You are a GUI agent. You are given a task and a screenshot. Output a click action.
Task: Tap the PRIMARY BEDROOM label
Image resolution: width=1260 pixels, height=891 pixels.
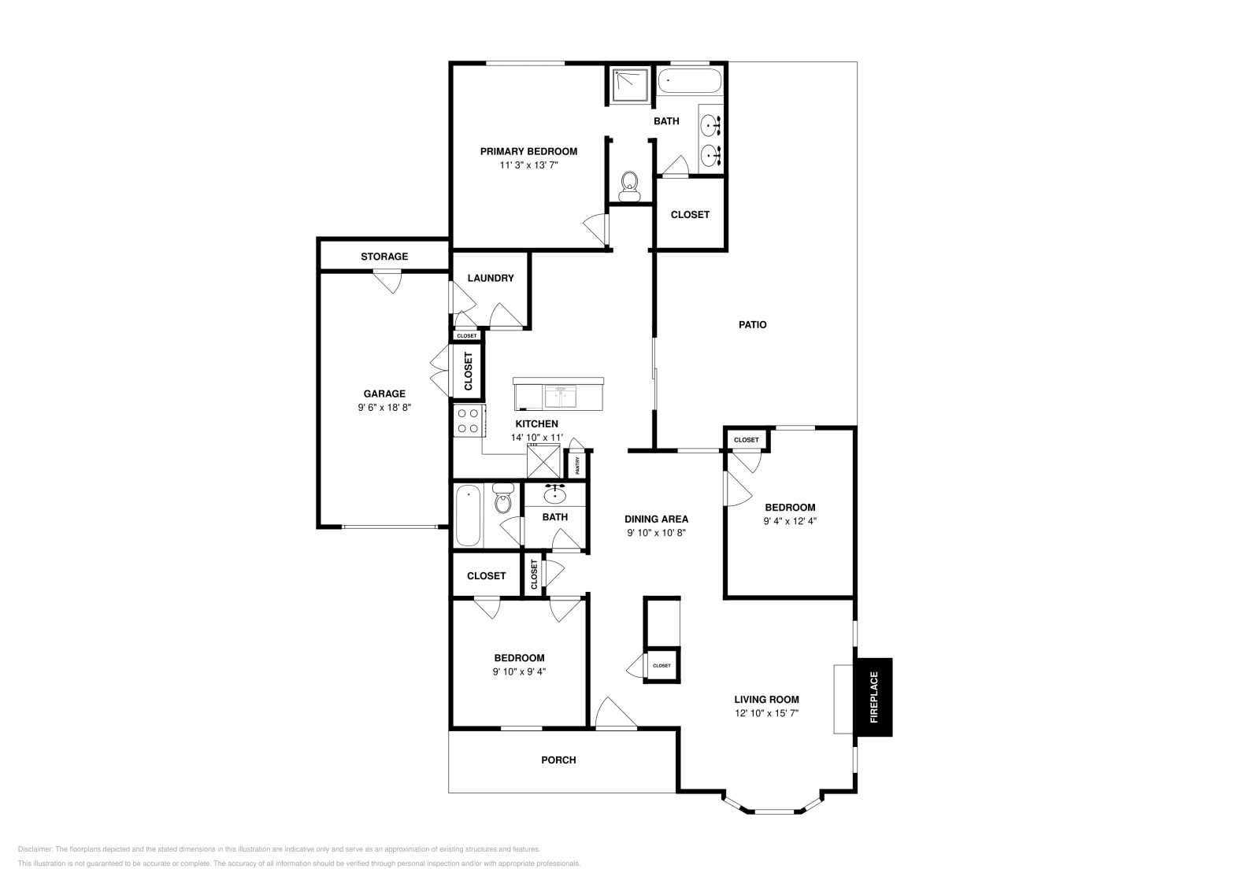click(x=528, y=151)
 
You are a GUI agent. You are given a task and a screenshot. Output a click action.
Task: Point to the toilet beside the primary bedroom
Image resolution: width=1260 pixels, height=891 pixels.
click(x=629, y=184)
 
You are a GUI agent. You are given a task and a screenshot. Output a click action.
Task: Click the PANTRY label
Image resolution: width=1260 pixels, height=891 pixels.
click(x=578, y=465)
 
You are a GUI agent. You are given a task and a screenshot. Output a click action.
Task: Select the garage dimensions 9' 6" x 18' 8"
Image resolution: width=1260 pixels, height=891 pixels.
click(x=384, y=408)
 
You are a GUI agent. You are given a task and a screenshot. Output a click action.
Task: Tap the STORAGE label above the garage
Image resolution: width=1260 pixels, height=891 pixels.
click(x=384, y=257)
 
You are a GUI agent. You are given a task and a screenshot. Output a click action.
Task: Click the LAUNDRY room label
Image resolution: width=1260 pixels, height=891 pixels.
click(x=490, y=278)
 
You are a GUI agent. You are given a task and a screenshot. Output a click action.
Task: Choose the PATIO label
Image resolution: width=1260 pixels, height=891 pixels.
click(x=752, y=324)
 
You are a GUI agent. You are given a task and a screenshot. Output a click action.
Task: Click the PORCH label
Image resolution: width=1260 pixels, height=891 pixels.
click(x=558, y=760)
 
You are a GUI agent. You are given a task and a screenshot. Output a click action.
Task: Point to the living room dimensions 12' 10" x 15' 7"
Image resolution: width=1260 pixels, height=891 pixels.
click(x=766, y=713)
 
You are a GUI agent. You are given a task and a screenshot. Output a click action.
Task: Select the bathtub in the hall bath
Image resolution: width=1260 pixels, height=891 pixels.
click(x=468, y=516)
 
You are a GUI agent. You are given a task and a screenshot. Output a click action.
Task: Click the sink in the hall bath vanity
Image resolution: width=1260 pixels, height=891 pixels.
click(x=556, y=495)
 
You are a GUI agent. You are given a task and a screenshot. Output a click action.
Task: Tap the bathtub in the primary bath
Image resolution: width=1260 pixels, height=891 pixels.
click(x=689, y=80)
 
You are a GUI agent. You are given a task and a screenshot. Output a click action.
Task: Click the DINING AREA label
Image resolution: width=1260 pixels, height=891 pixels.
click(x=656, y=519)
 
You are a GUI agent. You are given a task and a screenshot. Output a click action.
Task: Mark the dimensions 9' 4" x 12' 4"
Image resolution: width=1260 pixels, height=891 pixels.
click(x=790, y=521)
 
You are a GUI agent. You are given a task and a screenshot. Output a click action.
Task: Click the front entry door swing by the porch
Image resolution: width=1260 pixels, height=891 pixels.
click(x=614, y=714)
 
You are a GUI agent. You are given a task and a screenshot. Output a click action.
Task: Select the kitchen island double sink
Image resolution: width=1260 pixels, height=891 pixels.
click(x=560, y=395)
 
